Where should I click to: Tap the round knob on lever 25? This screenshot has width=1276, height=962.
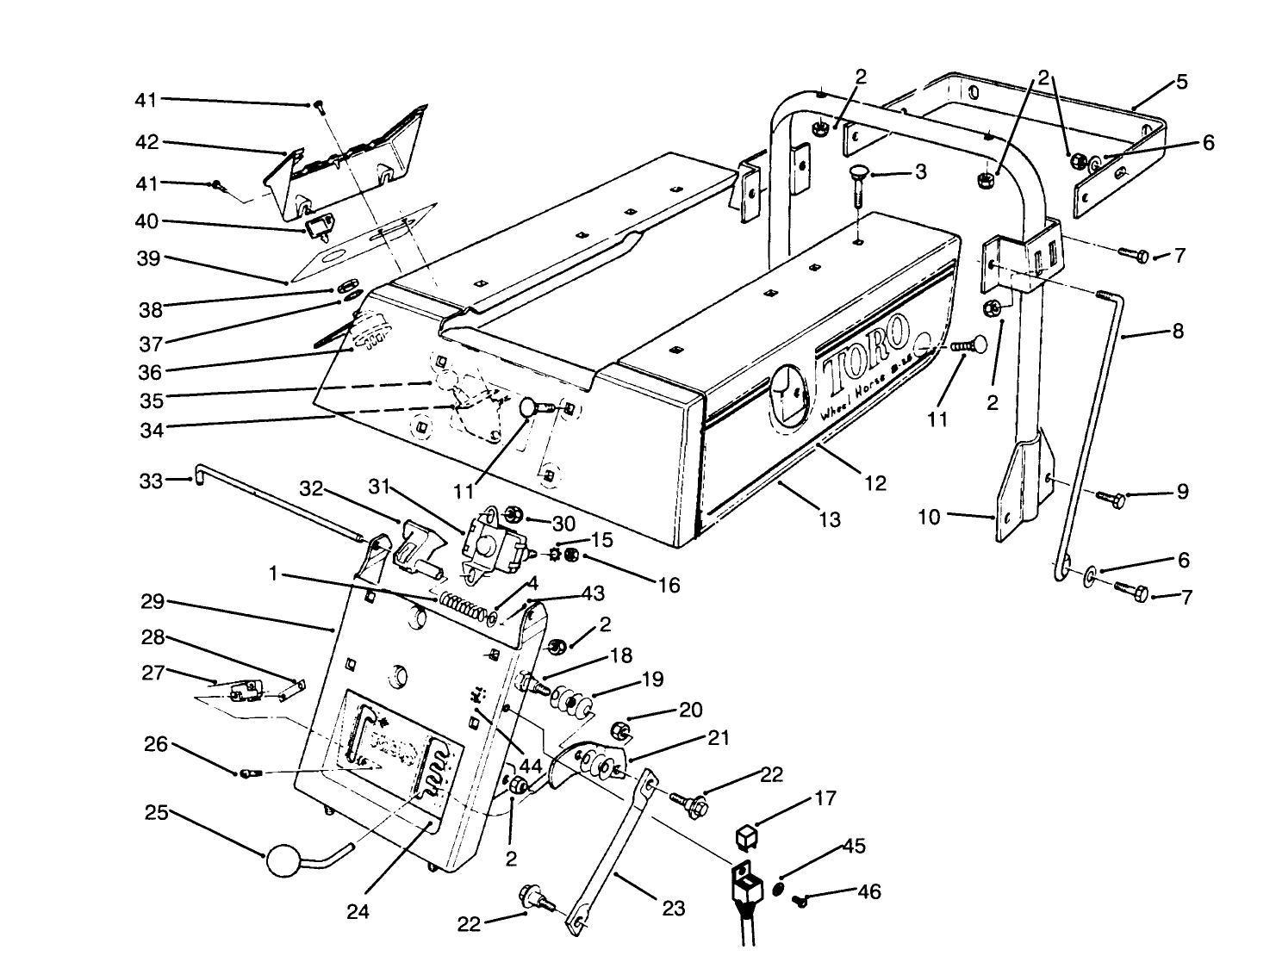point(285,860)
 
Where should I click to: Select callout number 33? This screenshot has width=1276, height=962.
point(151,480)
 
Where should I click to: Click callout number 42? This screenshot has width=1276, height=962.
point(149,142)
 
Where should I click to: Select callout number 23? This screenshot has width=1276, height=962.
point(673,908)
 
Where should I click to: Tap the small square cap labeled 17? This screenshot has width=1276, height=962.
point(747,834)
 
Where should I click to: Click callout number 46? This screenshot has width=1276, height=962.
point(869,891)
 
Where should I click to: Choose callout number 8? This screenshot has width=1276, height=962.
point(1178,331)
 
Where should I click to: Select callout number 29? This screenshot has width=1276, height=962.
point(152,602)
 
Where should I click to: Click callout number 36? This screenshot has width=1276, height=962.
point(151,371)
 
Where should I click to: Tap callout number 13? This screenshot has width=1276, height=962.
point(830,519)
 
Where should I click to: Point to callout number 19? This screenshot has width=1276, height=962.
point(652,680)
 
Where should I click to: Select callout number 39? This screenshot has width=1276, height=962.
point(149,258)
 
